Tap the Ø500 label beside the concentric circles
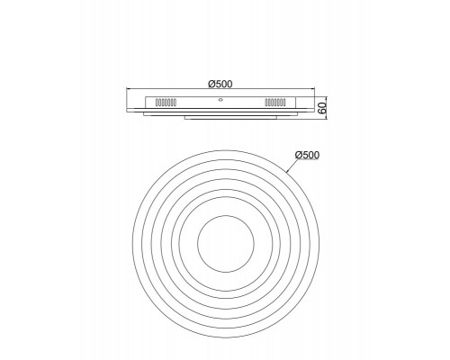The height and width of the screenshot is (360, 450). click(x=307, y=156)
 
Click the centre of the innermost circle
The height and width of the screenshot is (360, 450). click(x=220, y=240)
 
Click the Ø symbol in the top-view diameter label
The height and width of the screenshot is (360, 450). click(x=297, y=156)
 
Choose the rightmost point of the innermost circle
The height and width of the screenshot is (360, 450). click(x=245, y=240)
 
